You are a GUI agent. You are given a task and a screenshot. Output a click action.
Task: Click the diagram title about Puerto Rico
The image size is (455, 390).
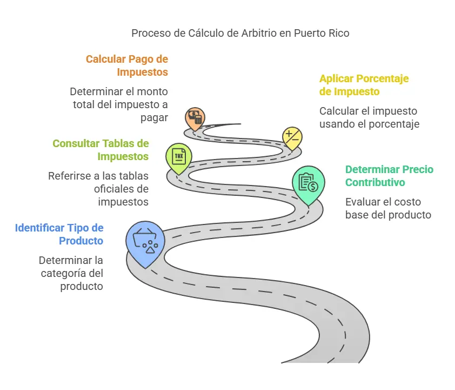pos(240,33)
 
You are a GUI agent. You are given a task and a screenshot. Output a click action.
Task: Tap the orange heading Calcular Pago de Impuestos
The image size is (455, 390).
pos(127,65)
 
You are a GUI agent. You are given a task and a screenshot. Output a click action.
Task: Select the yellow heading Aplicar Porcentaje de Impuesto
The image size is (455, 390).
pos(364,85)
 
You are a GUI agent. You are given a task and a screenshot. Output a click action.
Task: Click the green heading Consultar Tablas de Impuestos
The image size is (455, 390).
pos(101,150)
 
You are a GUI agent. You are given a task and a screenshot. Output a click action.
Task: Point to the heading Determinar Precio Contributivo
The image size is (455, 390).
pos(389,176)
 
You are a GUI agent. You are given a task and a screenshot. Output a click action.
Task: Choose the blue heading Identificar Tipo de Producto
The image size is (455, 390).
pos(59,234)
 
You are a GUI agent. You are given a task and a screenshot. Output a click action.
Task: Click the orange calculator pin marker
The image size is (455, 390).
pos(195,117)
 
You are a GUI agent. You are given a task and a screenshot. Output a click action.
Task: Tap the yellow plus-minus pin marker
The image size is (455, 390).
pos(292,136)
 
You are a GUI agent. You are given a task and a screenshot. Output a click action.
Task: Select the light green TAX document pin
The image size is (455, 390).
pos(178,156)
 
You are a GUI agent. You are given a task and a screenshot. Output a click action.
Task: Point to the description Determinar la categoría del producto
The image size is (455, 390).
pos(71,273)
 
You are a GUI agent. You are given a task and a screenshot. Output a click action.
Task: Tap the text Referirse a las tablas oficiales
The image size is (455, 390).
pos(98,189)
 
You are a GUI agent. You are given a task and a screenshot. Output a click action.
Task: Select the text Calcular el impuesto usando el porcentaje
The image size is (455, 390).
pos(369,117)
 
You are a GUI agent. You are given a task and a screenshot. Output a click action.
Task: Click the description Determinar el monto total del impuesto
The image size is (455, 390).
pos(119,104)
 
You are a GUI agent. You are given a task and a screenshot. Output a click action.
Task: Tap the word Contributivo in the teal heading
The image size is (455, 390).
pos(375,182)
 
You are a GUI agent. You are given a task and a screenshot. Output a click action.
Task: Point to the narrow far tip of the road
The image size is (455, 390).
pos(238,124)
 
